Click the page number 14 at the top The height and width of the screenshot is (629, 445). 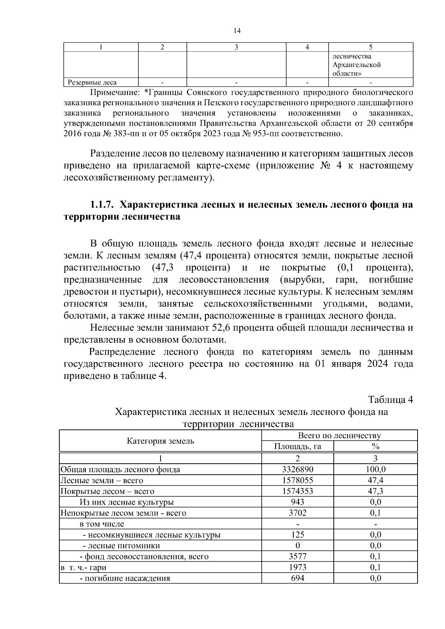(237, 31)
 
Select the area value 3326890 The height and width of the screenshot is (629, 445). (297, 470)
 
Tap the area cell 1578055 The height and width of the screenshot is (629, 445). (297, 480)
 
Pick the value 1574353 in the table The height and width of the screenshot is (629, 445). (297, 491)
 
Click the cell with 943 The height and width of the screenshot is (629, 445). (297, 502)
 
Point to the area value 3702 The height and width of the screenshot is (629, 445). (297, 513)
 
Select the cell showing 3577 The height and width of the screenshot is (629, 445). (297, 556)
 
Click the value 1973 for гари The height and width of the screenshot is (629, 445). (297, 567)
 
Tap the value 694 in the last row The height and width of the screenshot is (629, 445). (297, 578)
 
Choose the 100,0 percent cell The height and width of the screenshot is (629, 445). (375, 470)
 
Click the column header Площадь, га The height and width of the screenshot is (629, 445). (297, 446)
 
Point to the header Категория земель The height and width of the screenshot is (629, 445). (160, 441)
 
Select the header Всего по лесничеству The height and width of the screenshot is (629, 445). (339, 436)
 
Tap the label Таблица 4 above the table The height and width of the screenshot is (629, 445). (390, 400)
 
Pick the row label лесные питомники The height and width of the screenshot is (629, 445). (124, 546)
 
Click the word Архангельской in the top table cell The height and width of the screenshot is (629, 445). (356, 65)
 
